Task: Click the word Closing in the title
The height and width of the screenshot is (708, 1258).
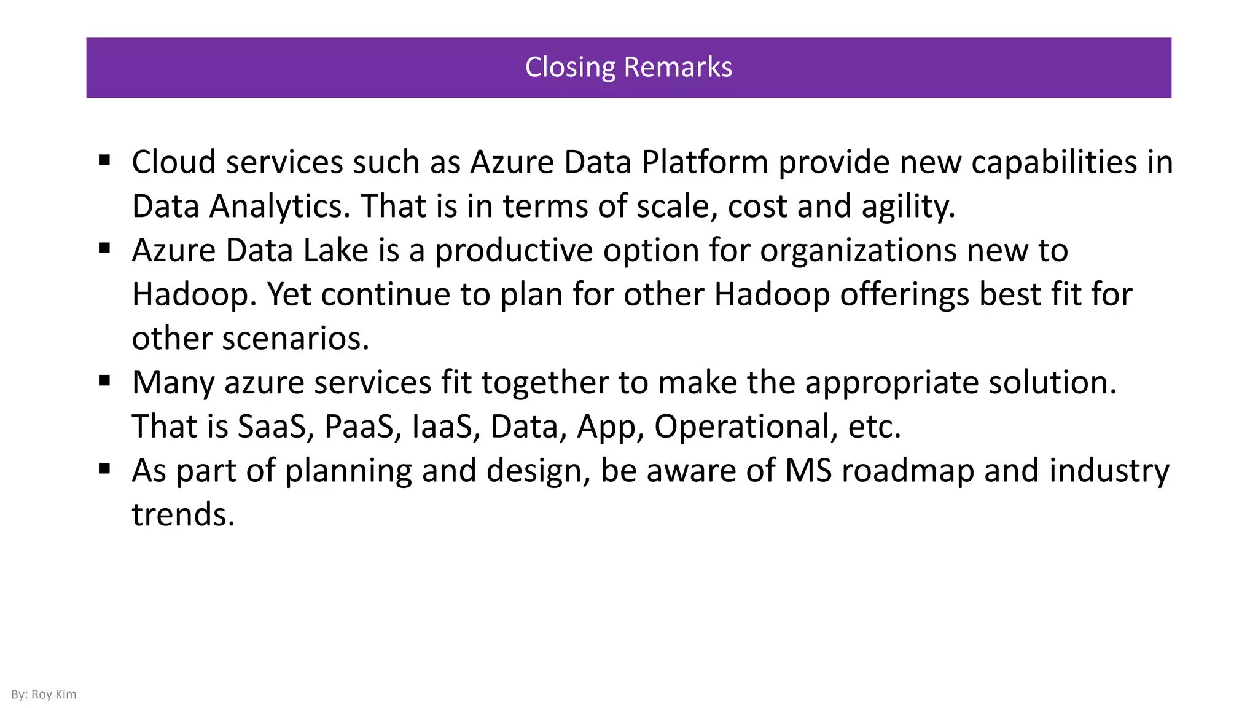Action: [569, 67]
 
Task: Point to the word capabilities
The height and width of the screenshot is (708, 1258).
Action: [1054, 162]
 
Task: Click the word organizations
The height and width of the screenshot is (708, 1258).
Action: [858, 250]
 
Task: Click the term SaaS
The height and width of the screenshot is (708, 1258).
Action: [272, 427]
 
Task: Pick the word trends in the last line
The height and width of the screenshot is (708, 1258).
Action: [183, 514]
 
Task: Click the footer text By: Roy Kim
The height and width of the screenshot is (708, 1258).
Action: [44, 694]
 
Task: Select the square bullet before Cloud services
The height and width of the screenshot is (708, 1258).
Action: [104, 161]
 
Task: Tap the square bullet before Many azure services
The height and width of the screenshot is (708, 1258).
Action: [104, 381]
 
